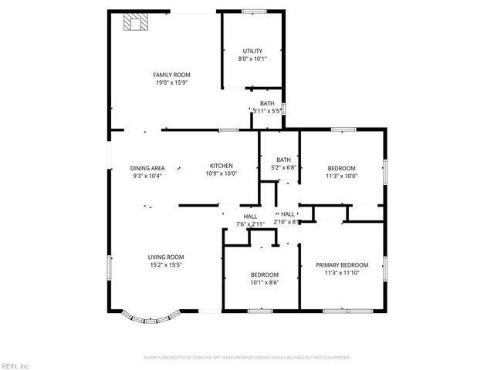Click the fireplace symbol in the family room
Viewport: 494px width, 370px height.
click(x=135, y=24)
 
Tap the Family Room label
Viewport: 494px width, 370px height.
click(x=171, y=75)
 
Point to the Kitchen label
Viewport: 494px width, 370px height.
click(x=222, y=166)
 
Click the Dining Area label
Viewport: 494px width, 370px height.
click(x=147, y=168)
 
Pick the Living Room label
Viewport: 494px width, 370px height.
click(x=166, y=257)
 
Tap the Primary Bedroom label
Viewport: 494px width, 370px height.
click(x=341, y=264)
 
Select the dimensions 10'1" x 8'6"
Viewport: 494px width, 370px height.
click(x=264, y=282)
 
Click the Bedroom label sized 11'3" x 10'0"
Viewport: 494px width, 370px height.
click(x=341, y=168)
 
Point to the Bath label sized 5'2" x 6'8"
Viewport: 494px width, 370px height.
click(x=284, y=160)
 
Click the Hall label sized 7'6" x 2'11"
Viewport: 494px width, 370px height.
click(x=250, y=217)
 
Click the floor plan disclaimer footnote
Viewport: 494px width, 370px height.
click(x=247, y=358)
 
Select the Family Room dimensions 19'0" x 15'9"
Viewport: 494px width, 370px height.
click(x=171, y=82)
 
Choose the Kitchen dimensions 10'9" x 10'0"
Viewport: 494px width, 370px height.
click(x=222, y=173)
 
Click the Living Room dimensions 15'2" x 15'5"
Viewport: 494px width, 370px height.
click(x=166, y=265)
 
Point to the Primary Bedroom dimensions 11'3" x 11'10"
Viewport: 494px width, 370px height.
click(x=341, y=272)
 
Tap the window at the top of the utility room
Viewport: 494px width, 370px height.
click(x=253, y=12)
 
